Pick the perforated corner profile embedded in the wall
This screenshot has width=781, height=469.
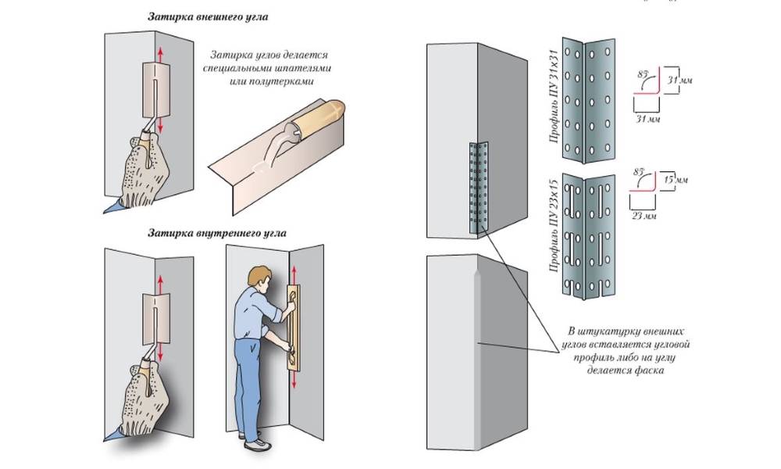click(477, 188)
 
